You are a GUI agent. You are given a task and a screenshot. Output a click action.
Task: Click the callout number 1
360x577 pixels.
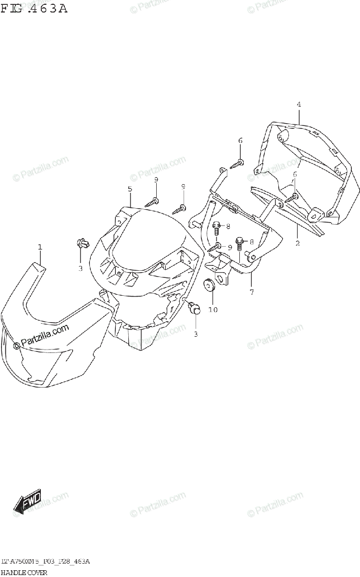coord(40,247)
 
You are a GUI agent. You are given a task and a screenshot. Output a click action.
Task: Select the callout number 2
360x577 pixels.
coord(298,243)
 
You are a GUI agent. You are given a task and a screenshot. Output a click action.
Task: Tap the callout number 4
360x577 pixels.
coord(298,104)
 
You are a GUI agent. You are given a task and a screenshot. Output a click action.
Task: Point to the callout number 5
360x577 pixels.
coord(130,189)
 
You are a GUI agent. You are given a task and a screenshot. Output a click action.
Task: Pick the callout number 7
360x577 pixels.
coord(251,291)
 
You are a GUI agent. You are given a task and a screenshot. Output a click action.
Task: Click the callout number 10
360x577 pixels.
coord(213,310)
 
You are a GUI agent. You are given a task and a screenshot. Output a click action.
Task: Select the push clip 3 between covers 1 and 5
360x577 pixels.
coord(81,244)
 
